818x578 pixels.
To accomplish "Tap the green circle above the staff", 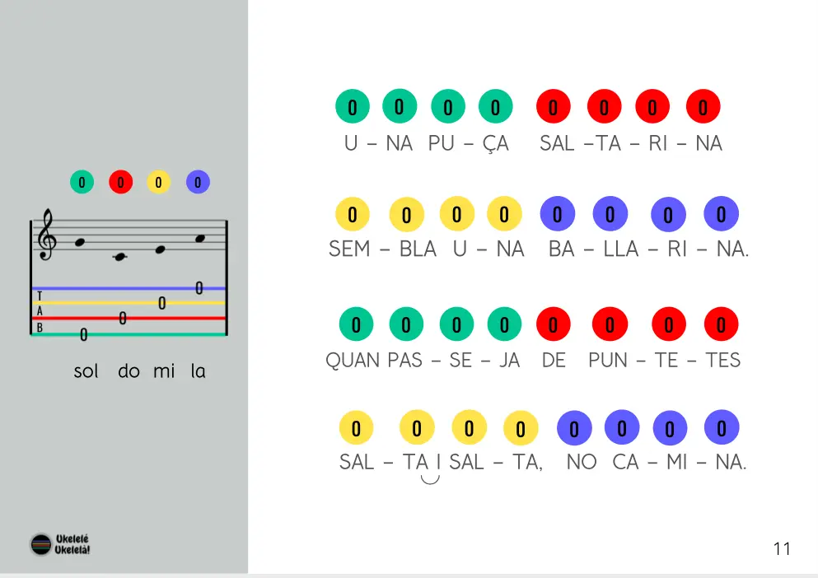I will click(82, 182).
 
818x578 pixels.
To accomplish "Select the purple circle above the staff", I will click(198, 182).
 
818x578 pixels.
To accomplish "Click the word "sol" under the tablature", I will click(86, 371).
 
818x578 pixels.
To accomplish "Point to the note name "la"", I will click(198, 371).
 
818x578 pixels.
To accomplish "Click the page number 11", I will click(782, 549).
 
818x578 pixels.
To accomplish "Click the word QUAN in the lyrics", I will click(353, 360).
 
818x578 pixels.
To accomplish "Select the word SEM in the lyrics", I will click(349, 249).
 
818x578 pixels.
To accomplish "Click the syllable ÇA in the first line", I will click(495, 143).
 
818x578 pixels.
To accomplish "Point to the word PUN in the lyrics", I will click(608, 360).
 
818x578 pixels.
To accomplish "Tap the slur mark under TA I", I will click(429, 478).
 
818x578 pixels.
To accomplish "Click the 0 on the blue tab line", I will click(199, 287).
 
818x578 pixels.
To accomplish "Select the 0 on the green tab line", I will click(83, 334).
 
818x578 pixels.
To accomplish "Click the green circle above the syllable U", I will click(353, 107).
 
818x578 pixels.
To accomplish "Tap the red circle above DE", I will click(554, 324).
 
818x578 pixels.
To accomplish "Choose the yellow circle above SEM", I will click(353, 215).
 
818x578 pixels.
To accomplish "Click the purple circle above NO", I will click(574, 429).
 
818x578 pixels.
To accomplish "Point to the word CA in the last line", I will click(625, 462).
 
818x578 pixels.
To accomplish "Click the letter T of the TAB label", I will click(40, 295).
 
